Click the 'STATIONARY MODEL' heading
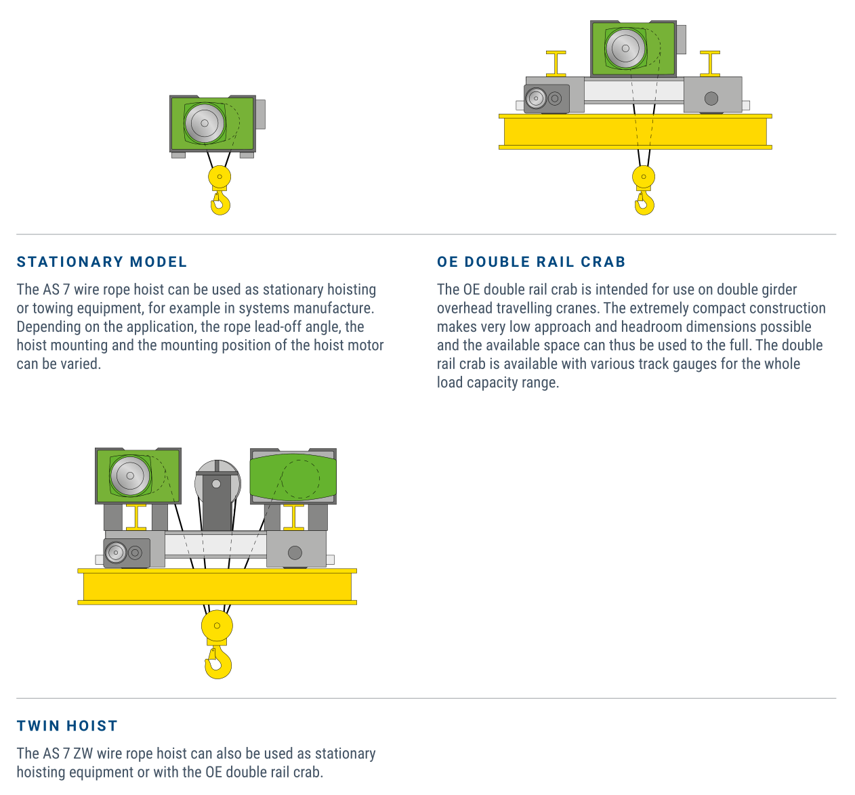tap(102, 262)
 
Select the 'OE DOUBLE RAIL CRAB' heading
tap(531, 262)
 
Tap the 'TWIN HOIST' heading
tap(67, 726)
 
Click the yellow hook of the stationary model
tap(220, 202)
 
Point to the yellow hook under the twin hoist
tap(218, 663)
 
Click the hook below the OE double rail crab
tap(644, 202)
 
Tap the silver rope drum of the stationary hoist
tap(204, 123)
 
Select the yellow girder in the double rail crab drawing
tap(635, 131)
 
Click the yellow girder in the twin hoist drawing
tap(217, 586)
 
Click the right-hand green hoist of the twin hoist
tap(293, 477)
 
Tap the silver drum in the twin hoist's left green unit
tap(130, 475)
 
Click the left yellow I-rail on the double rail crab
tap(556, 63)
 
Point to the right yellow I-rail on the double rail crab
tap(710, 63)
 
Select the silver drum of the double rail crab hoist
tap(625, 48)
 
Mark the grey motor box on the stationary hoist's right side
tap(260, 114)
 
